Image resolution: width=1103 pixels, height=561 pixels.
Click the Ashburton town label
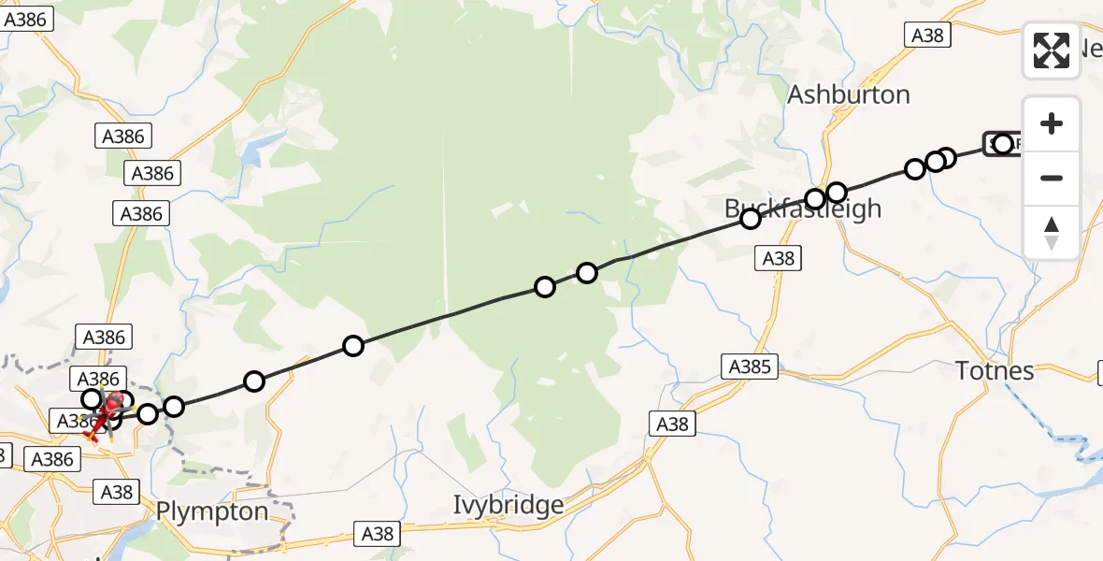pos(849,94)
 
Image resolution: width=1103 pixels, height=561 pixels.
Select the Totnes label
pos(996,371)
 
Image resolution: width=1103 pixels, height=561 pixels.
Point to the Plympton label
pos(212,512)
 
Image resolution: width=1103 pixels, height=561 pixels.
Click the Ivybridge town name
pos(509,506)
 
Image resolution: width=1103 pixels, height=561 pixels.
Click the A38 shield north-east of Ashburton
pos(928,36)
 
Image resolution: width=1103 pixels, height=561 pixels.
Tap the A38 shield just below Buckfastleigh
pos(779,259)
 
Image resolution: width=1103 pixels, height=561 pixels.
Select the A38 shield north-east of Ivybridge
pos(672,424)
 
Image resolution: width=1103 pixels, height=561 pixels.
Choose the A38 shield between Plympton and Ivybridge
pos(378,534)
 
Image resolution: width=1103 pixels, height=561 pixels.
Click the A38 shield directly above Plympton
pos(116,492)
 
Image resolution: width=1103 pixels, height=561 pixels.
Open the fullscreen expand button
pos(1052,50)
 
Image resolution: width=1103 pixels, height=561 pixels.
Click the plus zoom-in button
pos(1052,123)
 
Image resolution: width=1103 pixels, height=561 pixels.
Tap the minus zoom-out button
pos(1052,178)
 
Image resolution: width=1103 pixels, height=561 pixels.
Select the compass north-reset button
pos(1052,233)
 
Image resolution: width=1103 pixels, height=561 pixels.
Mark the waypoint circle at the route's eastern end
pos(1003,144)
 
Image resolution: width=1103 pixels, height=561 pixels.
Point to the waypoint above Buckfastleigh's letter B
pos(751,219)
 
